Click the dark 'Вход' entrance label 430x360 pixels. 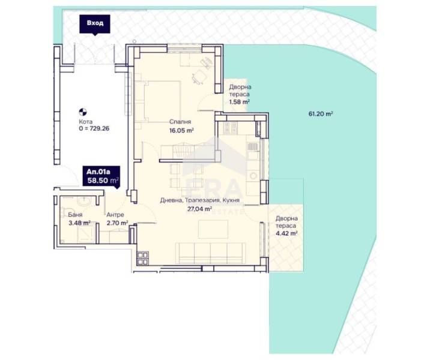coord(95,24)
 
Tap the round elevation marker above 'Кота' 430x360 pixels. coord(83,112)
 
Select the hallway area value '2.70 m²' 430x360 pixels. coord(117,223)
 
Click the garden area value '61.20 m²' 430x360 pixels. coord(321,113)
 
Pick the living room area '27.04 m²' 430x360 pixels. coord(199,209)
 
